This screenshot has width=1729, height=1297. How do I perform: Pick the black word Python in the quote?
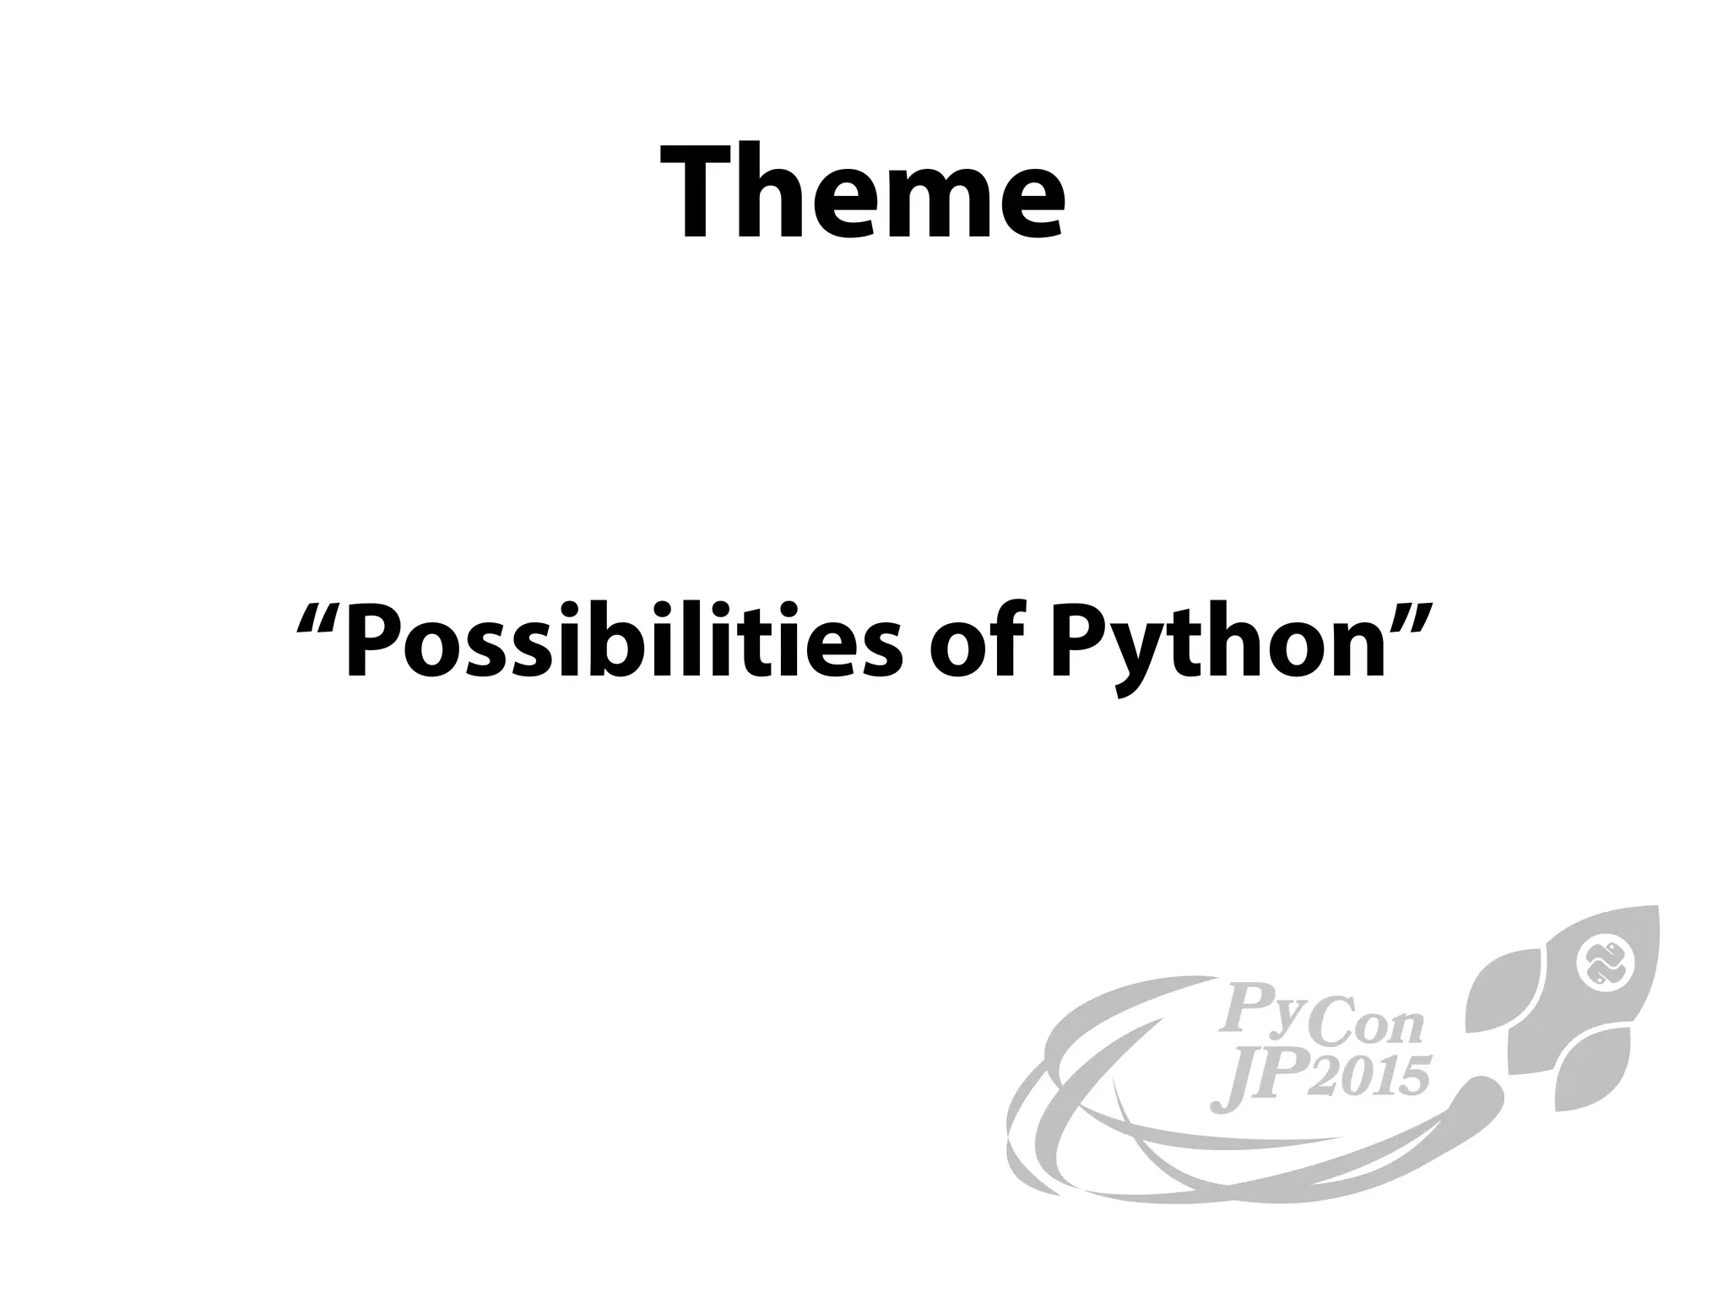[1219, 646]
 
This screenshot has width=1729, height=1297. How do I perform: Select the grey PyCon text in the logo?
[1321, 1018]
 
